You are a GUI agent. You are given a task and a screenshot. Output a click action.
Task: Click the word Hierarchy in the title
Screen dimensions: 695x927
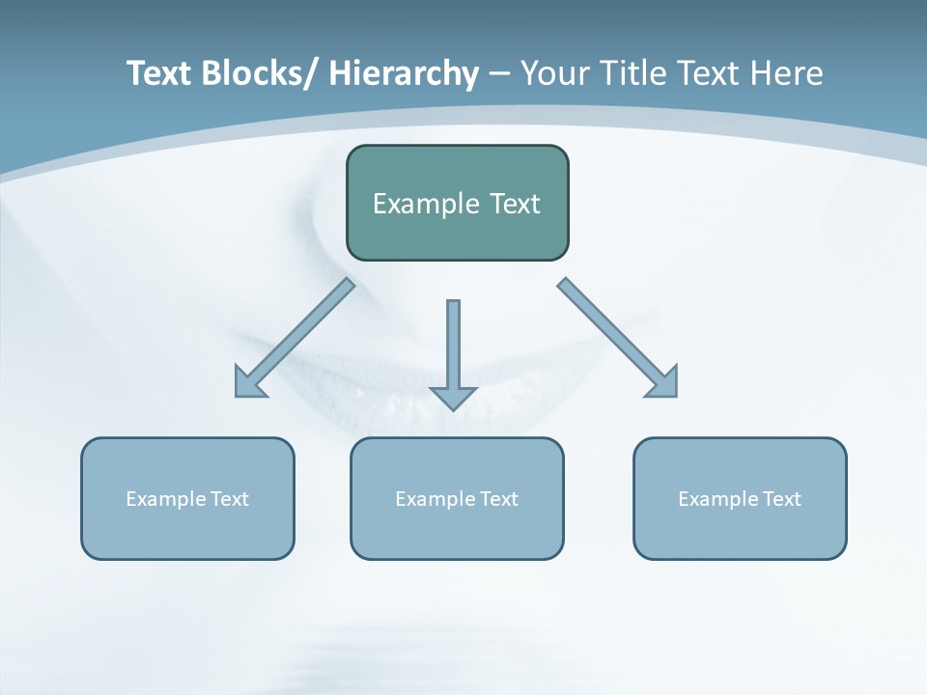pos(404,73)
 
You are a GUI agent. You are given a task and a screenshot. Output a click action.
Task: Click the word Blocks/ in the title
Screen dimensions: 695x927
pos(261,73)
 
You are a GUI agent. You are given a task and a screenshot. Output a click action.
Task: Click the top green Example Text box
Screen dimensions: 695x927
pos(457,203)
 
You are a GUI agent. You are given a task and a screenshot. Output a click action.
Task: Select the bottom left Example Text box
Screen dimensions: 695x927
pos(187,498)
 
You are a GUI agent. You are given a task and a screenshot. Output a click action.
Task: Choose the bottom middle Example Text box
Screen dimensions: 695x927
pos(457,498)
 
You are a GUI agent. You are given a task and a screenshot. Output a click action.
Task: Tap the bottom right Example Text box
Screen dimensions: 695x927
pos(740,498)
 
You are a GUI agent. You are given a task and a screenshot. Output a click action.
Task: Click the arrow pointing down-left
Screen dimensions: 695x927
pos(295,338)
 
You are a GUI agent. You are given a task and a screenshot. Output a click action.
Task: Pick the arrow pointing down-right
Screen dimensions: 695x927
pos(617,337)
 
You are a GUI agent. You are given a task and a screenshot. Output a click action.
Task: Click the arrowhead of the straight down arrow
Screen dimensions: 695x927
pos(453,397)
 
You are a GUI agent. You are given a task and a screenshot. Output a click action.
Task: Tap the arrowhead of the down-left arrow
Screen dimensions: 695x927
pos(248,384)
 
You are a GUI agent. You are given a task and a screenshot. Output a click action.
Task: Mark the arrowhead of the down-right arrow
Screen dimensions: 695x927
pos(665,384)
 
